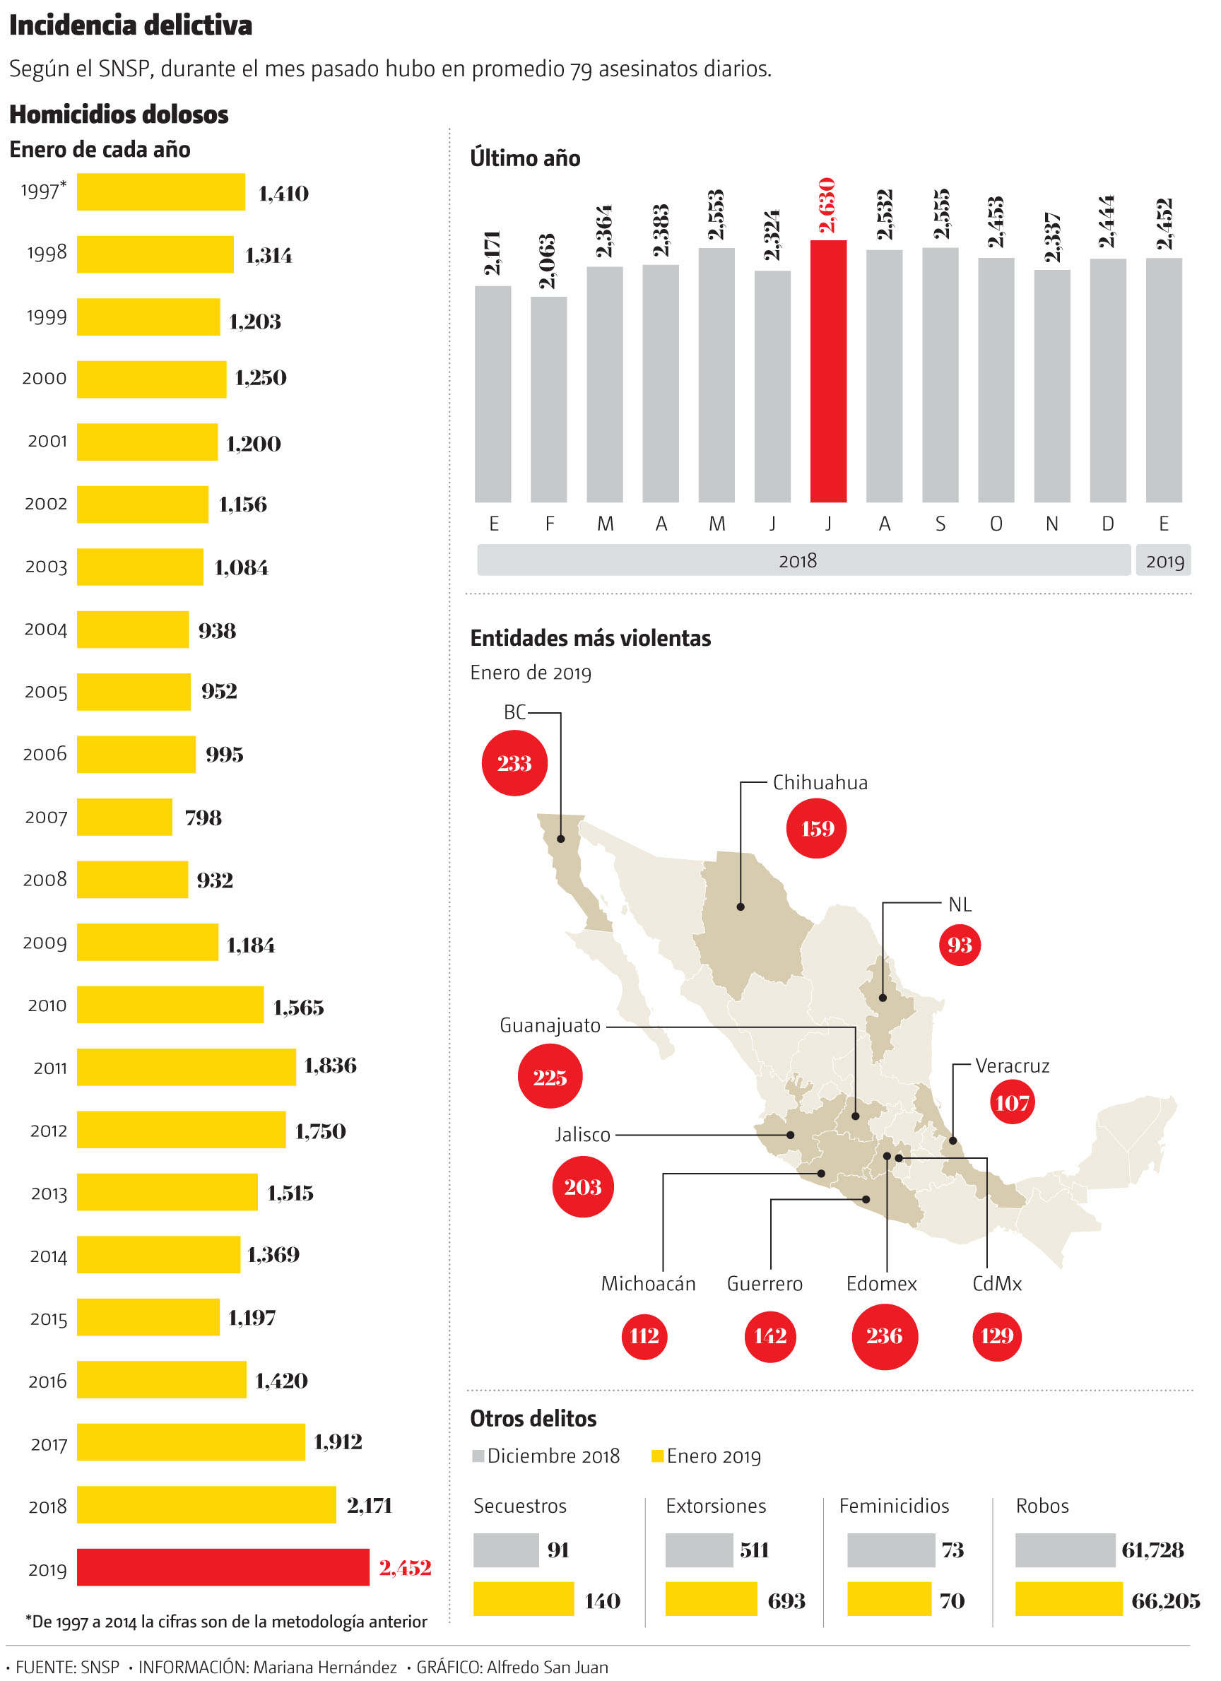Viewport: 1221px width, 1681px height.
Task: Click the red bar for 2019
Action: tap(223, 1567)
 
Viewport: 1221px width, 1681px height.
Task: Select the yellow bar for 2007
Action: tap(124, 817)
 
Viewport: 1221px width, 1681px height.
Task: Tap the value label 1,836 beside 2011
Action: tap(330, 1065)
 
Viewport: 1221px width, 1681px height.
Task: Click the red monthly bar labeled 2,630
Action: tap(828, 370)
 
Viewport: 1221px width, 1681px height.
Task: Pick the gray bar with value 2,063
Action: tap(548, 399)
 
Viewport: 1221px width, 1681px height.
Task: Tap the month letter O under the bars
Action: tap(996, 524)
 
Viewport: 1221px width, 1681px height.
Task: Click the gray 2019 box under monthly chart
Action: tap(1164, 561)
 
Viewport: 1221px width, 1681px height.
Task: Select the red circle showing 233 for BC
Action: tap(514, 762)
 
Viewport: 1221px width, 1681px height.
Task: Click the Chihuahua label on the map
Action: tap(820, 783)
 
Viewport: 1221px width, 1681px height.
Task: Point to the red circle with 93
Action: tap(960, 945)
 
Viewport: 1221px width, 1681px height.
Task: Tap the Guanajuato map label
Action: tap(550, 1026)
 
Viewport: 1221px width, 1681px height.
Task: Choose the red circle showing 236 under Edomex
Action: tap(885, 1335)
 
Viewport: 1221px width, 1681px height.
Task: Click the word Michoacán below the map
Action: tap(648, 1284)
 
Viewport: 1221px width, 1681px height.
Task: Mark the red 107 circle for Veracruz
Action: tap(1012, 1102)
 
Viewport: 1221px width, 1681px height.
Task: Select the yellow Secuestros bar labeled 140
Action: tap(524, 1599)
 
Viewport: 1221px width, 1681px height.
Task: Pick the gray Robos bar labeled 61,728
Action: tap(1065, 1550)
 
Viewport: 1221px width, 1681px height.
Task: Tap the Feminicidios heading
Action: tap(894, 1506)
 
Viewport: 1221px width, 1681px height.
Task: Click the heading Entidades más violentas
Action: tap(590, 638)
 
